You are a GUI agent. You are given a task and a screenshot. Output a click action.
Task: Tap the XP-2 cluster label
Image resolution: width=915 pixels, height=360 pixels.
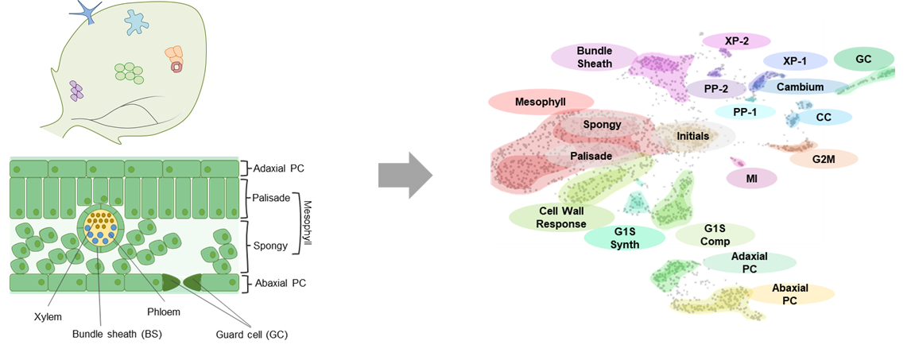(x=736, y=41)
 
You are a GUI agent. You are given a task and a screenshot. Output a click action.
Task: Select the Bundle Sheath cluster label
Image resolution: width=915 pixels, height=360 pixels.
(x=595, y=56)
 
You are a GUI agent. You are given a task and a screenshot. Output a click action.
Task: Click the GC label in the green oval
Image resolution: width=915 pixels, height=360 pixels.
(x=863, y=59)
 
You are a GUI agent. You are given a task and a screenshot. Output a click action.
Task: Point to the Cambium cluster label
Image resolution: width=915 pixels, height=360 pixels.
(x=800, y=87)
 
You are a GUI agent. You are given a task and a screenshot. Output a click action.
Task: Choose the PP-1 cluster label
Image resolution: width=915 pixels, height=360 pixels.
(x=745, y=111)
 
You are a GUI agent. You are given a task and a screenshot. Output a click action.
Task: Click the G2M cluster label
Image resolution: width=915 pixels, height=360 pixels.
(x=823, y=158)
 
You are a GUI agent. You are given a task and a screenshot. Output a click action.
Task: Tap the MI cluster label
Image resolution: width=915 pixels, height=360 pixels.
(x=751, y=179)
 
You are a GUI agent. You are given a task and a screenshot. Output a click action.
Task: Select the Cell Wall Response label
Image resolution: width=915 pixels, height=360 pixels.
(x=562, y=217)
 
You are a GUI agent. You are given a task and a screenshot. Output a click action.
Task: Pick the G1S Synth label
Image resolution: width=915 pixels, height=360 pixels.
(x=625, y=237)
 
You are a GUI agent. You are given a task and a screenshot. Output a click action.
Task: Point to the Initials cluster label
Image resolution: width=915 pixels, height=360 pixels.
(x=692, y=136)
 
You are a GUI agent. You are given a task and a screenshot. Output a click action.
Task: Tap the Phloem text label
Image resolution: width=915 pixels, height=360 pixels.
(x=163, y=312)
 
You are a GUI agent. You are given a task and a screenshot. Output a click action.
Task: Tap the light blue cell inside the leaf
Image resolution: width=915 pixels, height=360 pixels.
(x=138, y=21)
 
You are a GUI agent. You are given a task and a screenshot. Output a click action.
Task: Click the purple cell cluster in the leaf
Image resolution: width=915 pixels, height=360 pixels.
(x=76, y=90)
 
